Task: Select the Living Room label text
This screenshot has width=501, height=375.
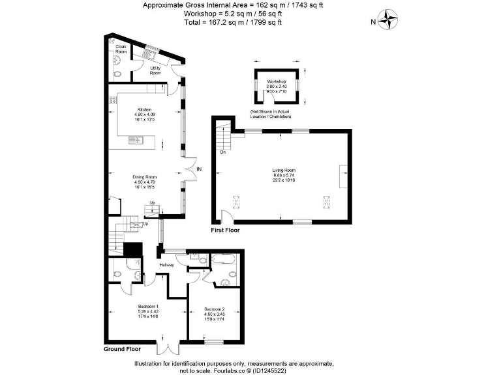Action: pos(284,171)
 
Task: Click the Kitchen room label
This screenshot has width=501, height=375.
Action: pos(144,109)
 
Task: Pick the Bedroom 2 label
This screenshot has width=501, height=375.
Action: pos(214,309)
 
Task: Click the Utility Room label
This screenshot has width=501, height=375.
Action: pos(155,70)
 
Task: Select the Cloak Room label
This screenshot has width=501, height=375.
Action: pos(121,49)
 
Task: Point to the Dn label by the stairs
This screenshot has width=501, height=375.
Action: pos(222,153)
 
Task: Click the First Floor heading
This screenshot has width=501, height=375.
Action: pos(225,230)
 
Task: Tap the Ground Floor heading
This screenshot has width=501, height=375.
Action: pos(122,350)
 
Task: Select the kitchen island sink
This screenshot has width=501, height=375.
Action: pos(138,139)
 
